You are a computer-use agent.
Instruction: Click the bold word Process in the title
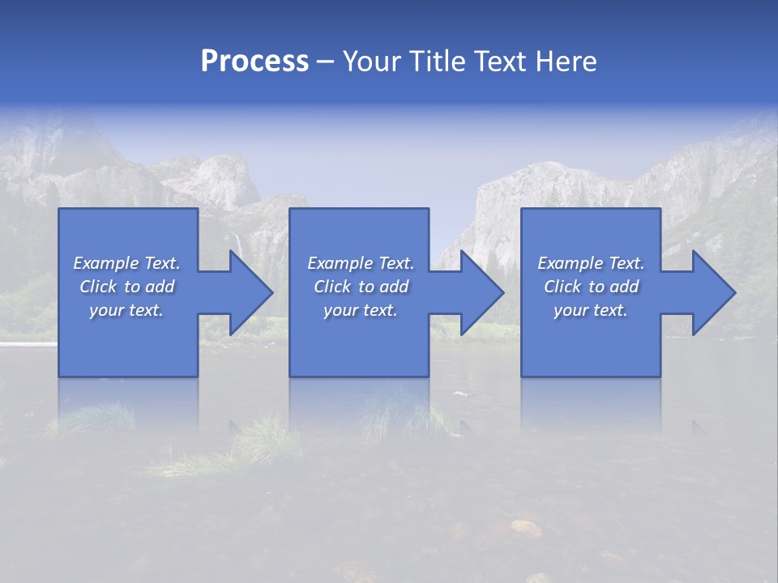coord(254,62)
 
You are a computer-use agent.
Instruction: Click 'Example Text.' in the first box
coord(126,263)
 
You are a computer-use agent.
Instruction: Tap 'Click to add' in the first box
coord(126,287)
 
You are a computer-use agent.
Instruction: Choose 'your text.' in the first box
coord(126,310)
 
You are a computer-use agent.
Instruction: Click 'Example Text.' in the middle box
coord(361,263)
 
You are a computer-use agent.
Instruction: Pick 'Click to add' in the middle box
coord(361,287)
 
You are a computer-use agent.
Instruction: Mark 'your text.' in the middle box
coord(361,310)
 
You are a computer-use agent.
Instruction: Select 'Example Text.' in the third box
coord(591,263)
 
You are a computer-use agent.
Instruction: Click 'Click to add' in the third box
coord(591,287)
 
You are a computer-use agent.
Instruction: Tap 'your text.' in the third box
coord(591,310)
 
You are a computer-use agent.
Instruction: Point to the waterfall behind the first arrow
coord(237,243)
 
